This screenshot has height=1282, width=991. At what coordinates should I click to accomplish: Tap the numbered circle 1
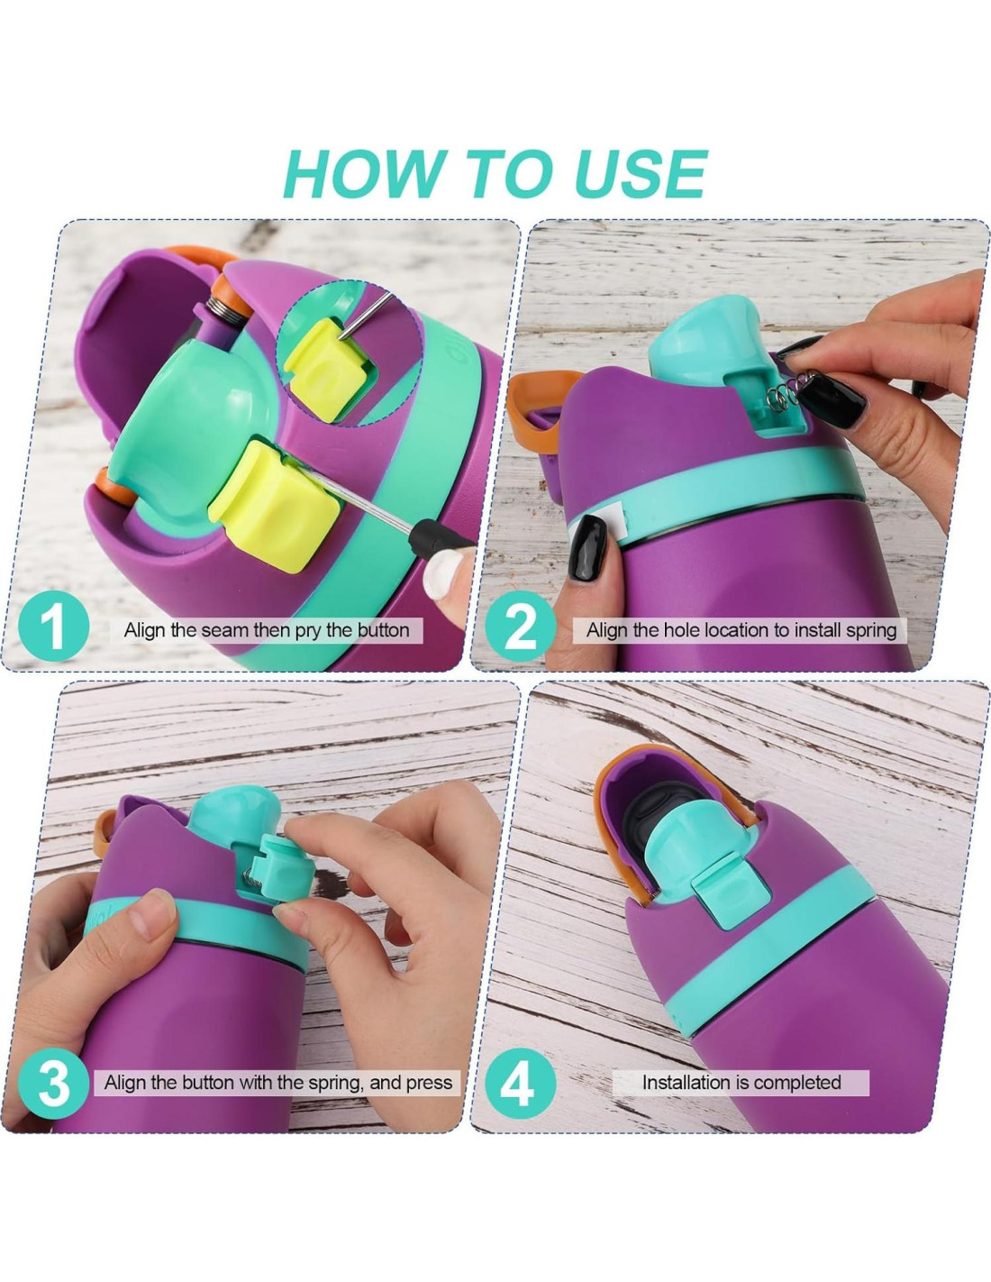[x=54, y=626]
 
